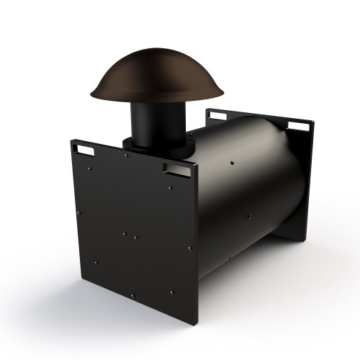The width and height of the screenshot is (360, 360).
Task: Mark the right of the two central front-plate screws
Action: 136,238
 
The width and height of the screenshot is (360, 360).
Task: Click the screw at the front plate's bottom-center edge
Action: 132,295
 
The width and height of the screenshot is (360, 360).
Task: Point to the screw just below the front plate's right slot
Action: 170,189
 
